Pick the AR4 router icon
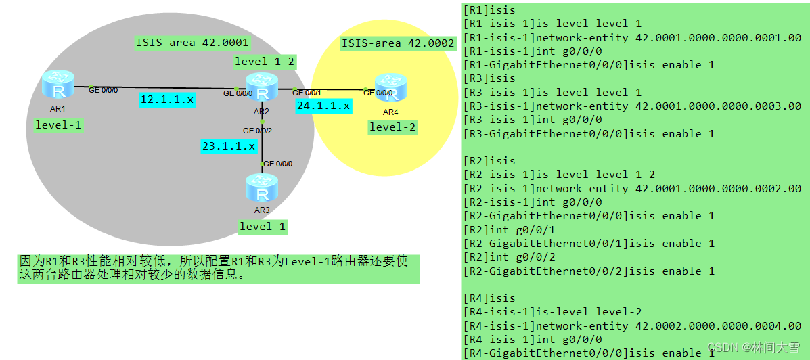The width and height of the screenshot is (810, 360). [x=390, y=89]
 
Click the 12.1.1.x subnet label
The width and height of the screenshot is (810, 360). [x=167, y=99]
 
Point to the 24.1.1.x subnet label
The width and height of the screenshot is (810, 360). [x=323, y=105]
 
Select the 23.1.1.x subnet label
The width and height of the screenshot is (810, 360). [x=228, y=145]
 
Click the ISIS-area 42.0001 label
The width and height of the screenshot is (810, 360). [x=192, y=43]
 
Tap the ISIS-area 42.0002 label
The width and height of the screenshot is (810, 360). [x=398, y=43]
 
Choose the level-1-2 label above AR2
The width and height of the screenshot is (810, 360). [x=264, y=62]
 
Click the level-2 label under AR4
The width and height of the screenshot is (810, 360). [x=393, y=127]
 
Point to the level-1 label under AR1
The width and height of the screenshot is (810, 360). [x=59, y=125]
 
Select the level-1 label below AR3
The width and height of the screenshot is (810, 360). [x=263, y=226]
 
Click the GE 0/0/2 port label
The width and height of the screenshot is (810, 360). [x=257, y=130]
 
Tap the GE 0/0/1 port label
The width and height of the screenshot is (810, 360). [x=307, y=92]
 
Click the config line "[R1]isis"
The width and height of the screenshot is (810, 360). [x=489, y=9]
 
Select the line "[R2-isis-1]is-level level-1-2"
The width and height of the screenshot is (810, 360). [x=559, y=175]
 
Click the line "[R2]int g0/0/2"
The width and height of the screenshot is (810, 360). [x=503, y=257]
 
